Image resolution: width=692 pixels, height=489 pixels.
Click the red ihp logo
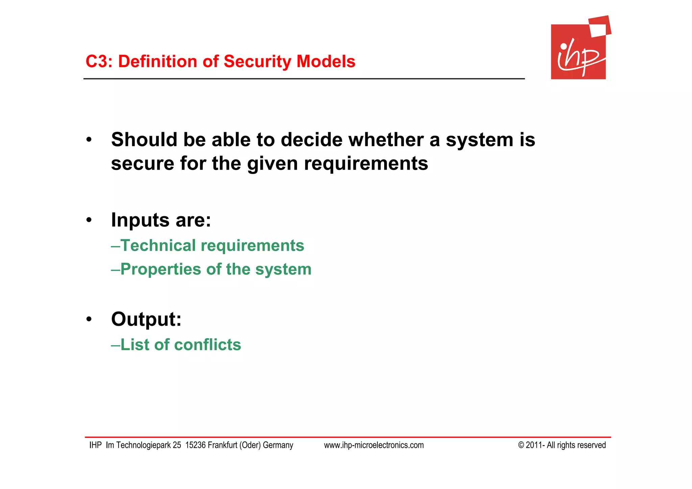pos(578,52)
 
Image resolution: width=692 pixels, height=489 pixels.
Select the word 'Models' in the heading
pos(326,62)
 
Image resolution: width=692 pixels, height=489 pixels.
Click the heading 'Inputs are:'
pos(161,220)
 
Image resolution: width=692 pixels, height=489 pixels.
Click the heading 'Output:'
pos(146,319)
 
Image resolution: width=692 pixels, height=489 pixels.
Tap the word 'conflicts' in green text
pos(207,345)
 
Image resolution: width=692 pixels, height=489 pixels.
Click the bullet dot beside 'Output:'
pos(89,319)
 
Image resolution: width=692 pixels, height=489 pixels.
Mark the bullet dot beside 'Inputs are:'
pos(89,220)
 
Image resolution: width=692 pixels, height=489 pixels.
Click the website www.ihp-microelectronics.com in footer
pos(374,445)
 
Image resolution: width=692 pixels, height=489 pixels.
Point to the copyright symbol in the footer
pos(521,445)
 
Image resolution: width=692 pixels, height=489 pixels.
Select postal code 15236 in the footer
pos(195,445)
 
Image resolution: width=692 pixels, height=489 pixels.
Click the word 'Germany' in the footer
pos(278,445)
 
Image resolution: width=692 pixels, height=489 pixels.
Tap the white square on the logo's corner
pos(598,30)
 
